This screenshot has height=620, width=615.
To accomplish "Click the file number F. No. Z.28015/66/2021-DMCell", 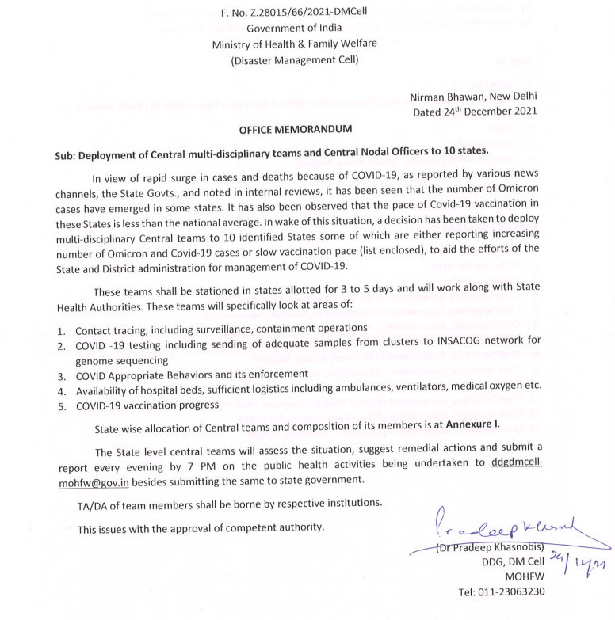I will [307, 11].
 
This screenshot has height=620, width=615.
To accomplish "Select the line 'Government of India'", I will [307, 29].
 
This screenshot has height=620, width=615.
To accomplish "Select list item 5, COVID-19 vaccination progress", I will [147, 405].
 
